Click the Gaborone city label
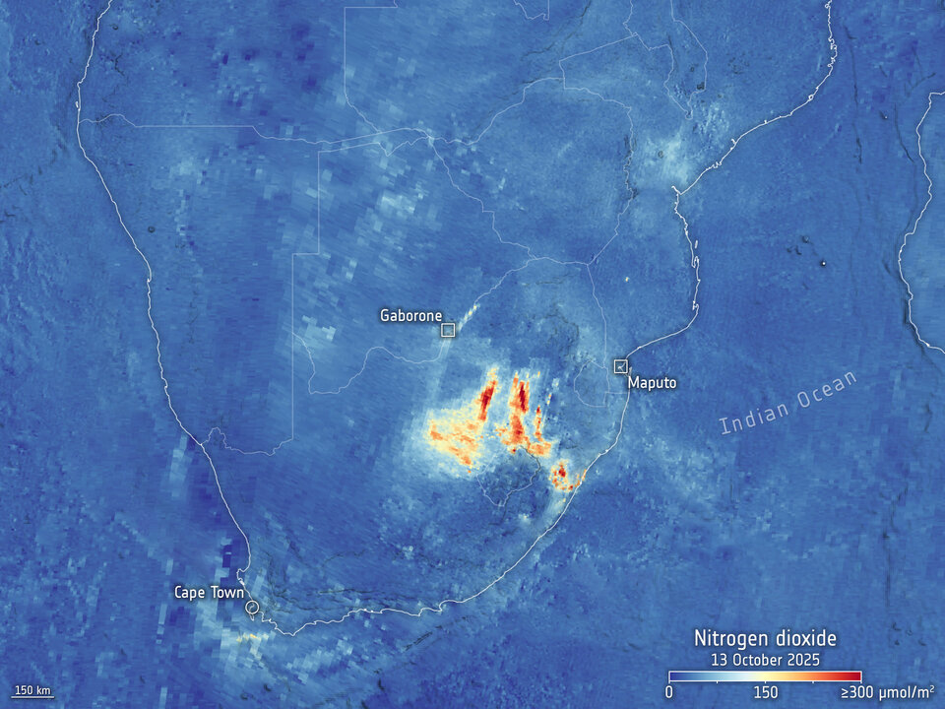411,316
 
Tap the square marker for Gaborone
448,330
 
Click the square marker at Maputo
620,366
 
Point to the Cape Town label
209,592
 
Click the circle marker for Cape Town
253,608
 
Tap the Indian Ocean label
788,402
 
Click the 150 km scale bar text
31,688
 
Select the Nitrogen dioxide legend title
765,639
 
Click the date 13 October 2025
765,659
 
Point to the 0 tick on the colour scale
669,692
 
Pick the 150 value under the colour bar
765,692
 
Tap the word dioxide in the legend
802,639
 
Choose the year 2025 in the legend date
804,659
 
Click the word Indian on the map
750,418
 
